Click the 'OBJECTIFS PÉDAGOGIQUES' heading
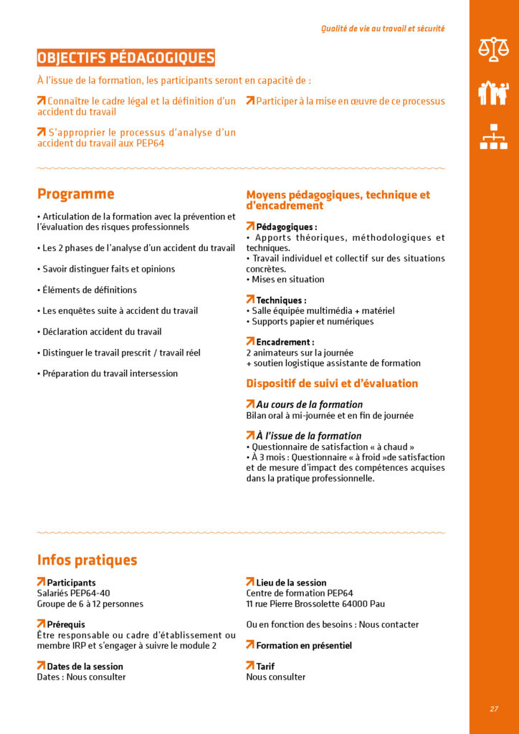(125, 57)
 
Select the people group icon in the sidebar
(493, 92)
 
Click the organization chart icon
(493, 136)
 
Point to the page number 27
(494, 708)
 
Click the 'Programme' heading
(75, 194)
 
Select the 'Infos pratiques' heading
(87, 560)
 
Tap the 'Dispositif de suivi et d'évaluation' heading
(332, 383)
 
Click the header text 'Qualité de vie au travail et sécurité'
(383, 29)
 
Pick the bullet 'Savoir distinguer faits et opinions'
(108, 269)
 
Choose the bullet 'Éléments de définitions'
(89, 290)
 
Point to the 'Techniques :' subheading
(281, 300)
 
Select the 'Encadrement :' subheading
(285, 342)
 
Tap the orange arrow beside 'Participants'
(41, 582)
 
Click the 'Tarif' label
(265, 666)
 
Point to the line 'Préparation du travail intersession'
(110, 373)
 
